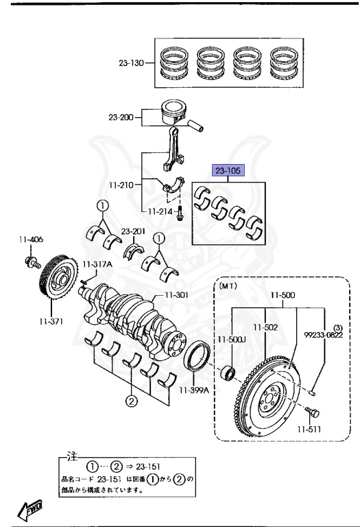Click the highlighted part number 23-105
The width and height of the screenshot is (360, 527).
coord(228,171)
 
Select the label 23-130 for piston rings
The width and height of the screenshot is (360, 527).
coord(131,63)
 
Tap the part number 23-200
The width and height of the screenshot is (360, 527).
coord(121,117)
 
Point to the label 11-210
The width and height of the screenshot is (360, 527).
coord(121,185)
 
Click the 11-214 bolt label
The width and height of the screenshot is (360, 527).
coord(160,211)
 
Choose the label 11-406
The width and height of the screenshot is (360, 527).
coord(31,239)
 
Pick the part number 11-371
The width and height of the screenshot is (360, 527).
coord(51,321)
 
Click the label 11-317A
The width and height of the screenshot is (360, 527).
coord(97,264)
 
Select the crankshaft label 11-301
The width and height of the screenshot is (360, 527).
coord(176,295)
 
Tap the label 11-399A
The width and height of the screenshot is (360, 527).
coord(194,390)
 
